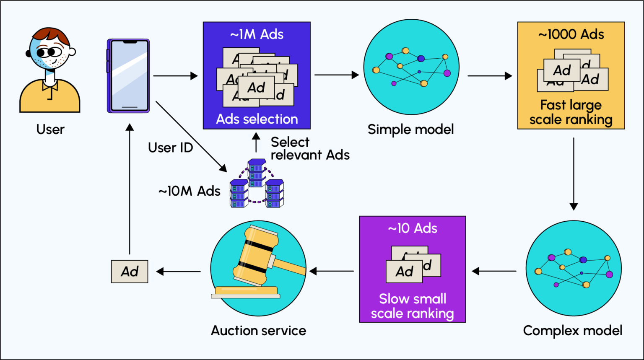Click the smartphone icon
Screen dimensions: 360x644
pyautogui.click(x=128, y=76)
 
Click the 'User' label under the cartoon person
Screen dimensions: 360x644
pyautogui.click(x=50, y=129)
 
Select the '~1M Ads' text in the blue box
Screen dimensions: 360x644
pyautogui.click(x=257, y=34)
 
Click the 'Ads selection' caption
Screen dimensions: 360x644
pyautogui.click(x=257, y=119)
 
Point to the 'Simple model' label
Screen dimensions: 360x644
pyautogui.click(x=410, y=129)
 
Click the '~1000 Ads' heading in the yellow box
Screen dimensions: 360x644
pyautogui.click(x=571, y=34)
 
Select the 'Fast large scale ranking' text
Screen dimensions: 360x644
pyautogui.click(x=571, y=112)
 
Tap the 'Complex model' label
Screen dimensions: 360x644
pyautogui.click(x=573, y=331)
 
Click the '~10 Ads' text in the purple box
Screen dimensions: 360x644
pyautogui.click(x=413, y=228)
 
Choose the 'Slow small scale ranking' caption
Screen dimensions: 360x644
pyautogui.click(x=413, y=306)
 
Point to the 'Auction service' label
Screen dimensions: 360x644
pyautogui.click(x=258, y=331)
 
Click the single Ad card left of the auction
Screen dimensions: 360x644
pyautogui.click(x=130, y=272)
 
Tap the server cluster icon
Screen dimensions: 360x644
pyautogui.click(x=257, y=184)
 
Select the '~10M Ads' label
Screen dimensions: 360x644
pyautogui.click(x=189, y=191)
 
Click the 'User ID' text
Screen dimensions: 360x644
pyautogui.click(x=170, y=148)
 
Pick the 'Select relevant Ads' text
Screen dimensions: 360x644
pyautogui.click(x=309, y=148)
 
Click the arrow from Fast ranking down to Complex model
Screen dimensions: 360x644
pyautogui.click(x=574, y=174)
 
